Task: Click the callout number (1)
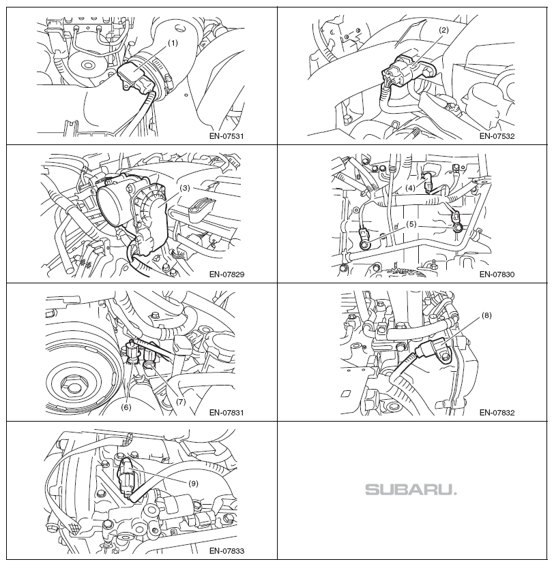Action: point(173,44)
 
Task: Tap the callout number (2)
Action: point(443,31)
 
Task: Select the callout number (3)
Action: point(185,188)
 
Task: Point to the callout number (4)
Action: point(410,188)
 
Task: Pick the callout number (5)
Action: point(411,224)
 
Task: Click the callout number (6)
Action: point(126,407)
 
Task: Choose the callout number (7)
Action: point(180,402)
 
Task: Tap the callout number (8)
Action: point(486,315)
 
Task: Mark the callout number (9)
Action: point(193,484)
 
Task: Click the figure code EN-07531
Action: point(227,136)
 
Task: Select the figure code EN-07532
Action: point(497,136)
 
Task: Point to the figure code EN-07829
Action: point(227,274)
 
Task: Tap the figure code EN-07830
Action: point(497,274)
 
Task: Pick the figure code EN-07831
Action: point(227,413)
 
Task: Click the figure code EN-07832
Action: point(497,413)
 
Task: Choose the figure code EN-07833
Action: point(227,551)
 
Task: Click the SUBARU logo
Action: point(411,490)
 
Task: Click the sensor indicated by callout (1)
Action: point(136,77)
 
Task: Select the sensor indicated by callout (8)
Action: point(434,349)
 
